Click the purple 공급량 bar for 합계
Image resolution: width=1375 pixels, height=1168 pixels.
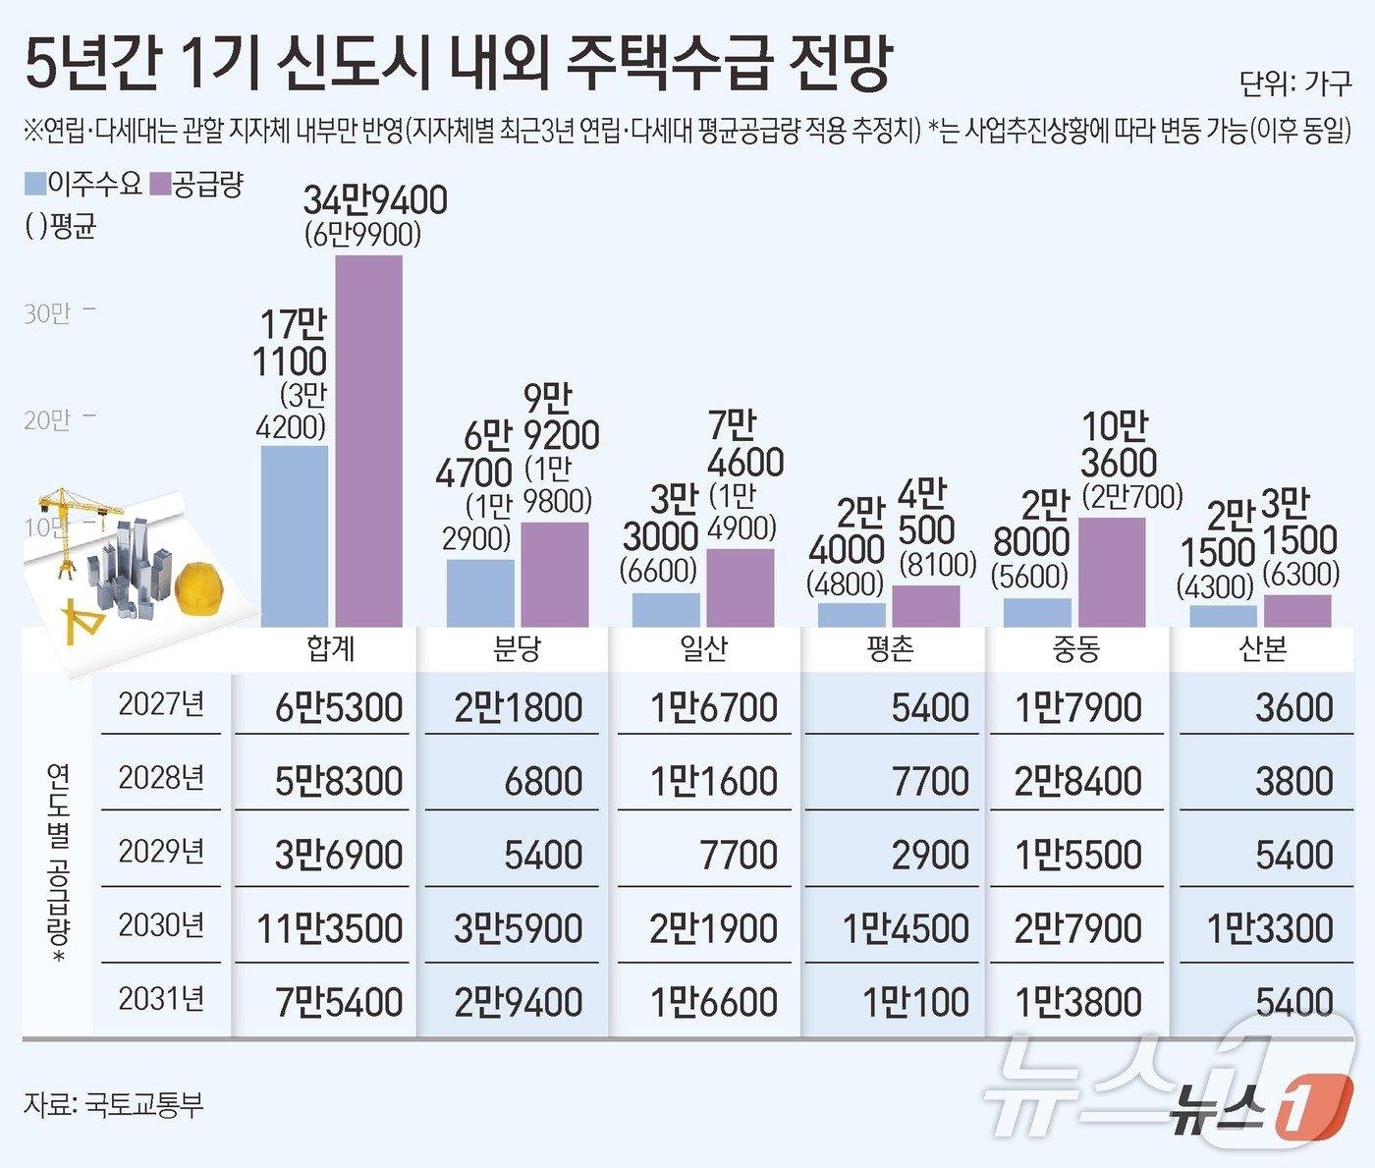(368, 441)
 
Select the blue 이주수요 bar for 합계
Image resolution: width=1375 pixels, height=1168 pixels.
(295, 536)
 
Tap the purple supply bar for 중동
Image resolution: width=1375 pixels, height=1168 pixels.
(1112, 572)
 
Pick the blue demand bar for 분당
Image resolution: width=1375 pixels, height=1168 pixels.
(480, 592)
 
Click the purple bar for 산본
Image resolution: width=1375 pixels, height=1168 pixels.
(1297, 610)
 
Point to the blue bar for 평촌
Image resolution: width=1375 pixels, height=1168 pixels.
(852, 614)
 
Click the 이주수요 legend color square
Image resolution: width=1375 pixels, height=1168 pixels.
(35, 184)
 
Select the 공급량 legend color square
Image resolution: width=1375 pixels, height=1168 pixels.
(160, 184)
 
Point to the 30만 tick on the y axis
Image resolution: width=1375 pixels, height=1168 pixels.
(48, 313)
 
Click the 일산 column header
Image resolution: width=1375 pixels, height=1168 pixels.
(703, 649)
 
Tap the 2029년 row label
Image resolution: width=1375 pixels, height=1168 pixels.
(161, 852)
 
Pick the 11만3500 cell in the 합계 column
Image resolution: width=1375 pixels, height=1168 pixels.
(329, 928)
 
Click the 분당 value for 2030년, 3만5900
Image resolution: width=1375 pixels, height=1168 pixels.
(518, 928)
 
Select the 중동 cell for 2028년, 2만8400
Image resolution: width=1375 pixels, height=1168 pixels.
(1077, 781)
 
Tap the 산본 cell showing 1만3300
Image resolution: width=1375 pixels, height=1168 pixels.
(1269, 928)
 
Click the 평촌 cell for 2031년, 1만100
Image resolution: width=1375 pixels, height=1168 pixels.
(915, 1002)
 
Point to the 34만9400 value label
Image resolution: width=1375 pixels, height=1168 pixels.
(374, 200)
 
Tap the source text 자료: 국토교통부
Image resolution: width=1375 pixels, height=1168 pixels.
(113, 1104)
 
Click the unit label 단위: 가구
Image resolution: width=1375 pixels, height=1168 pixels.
(1294, 84)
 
